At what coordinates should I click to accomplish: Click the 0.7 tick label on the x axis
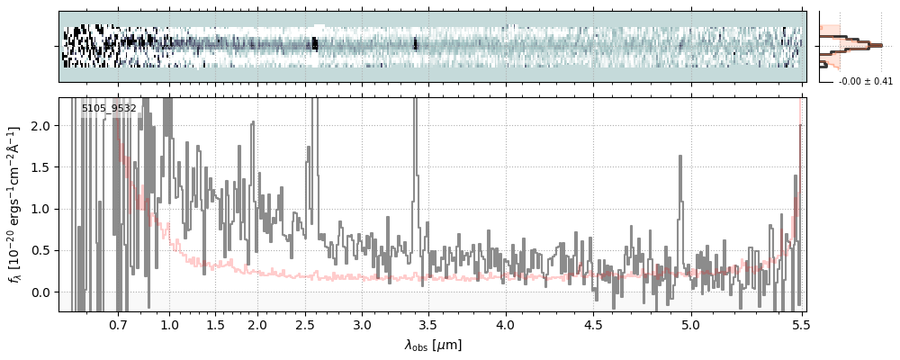point(119,324)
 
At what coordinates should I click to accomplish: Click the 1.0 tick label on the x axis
point(169,324)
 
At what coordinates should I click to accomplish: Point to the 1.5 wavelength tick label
point(216,324)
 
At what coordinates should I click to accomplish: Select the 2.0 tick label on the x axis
point(257,324)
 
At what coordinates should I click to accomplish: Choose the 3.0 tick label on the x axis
point(362,324)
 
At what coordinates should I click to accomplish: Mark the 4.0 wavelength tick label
point(505,324)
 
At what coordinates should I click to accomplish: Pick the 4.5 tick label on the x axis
point(595,324)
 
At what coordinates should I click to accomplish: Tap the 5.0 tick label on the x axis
point(691,324)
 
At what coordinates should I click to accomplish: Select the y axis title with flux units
point(14,204)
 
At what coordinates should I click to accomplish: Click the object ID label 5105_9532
point(109,109)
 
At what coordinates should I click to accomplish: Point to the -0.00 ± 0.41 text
point(865,82)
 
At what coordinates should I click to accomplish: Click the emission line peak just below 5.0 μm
point(679,157)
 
